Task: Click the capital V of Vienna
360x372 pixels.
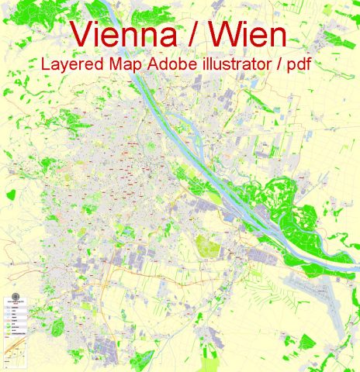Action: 81,34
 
